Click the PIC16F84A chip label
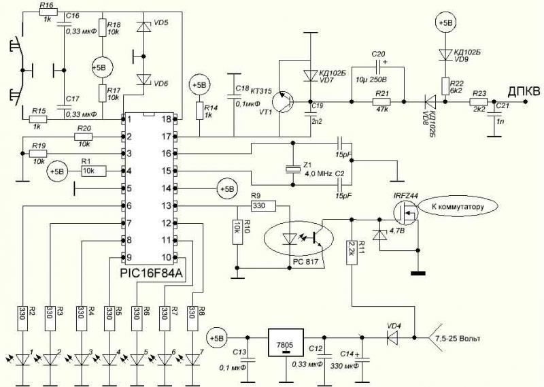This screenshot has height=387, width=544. pyautogui.click(x=151, y=273)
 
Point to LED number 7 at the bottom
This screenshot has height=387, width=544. pyautogui.click(x=192, y=358)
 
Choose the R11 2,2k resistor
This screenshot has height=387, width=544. pyautogui.click(x=352, y=252)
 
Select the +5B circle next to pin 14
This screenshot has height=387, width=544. pyautogui.click(x=224, y=188)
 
